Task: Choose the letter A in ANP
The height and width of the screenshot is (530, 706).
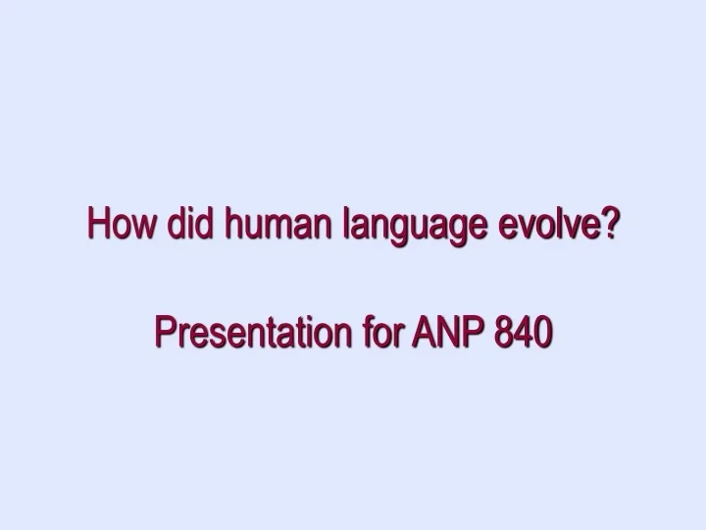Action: click(422, 335)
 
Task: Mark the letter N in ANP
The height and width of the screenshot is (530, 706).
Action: click(444, 335)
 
